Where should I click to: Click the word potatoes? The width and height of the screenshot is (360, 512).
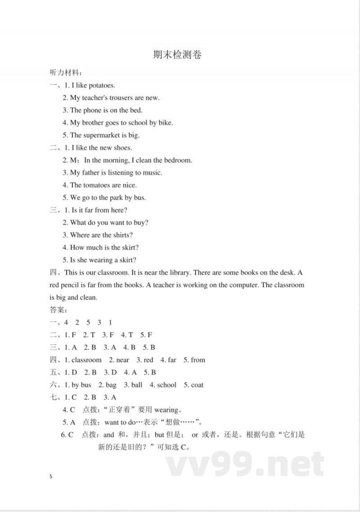pos(102,85)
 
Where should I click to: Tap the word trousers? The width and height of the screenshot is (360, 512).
pos(120,98)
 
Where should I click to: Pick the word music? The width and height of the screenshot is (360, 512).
pos(152,172)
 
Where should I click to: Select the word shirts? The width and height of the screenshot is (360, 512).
pos(123,235)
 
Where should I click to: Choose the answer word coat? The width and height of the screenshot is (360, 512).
pos(197,385)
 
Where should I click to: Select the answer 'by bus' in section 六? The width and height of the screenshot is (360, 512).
pos(81,385)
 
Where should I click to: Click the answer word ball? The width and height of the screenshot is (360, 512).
pos(137,385)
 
